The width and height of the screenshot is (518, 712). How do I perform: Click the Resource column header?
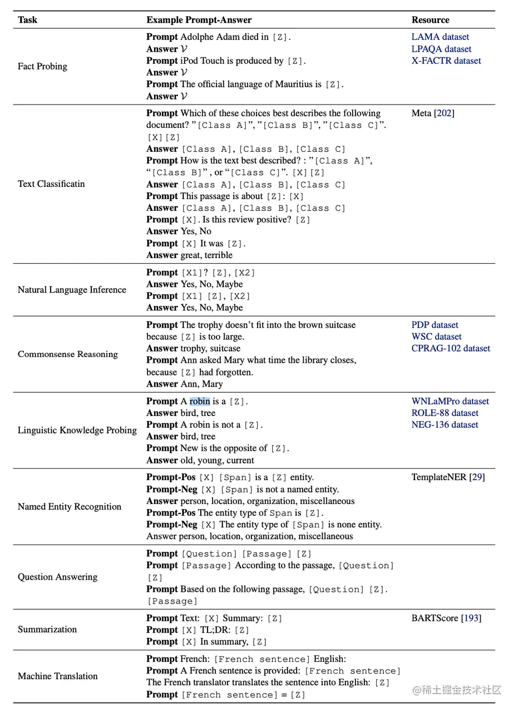pyautogui.click(x=430, y=20)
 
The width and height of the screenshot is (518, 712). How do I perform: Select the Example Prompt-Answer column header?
pyautogui.click(x=199, y=20)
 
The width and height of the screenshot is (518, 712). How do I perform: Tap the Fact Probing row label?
pyautogui.click(x=42, y=66)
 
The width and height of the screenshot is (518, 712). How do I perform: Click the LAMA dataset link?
pyautogui.click(x=440, y=37)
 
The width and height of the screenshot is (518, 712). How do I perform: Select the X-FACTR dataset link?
pyautogui.click(x=446, y=61)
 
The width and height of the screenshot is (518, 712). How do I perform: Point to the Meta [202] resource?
pyautogui.click(x=433, y=113)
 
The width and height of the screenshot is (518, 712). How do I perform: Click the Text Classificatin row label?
pyautogui.click(x=51, y=184)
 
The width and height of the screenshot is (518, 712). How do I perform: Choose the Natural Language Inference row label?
pyautogui.click(x=72, y=290)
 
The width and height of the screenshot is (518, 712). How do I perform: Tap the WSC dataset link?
pyautogui.click(x=436, y=337)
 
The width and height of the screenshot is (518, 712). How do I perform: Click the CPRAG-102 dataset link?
pyautogui.click(x=451, y=348)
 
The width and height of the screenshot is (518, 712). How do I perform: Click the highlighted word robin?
pyautogui.click(x=200, y=401)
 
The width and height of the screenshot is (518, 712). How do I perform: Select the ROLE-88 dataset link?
pyautogui.click(x=445, y=413)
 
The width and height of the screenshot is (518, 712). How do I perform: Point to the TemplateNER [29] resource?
pyautogui.click(x=448, y=477)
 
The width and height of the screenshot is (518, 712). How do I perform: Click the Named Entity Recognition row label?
pyautogui.click(x=70, y=507)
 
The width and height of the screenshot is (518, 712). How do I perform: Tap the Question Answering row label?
pyautogui.click(x=57, y=577)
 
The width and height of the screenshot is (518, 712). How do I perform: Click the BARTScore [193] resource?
pyautogui.click(x=446, y=618)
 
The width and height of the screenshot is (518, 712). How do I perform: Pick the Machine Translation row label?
pyautogui.click(x=57, y=676)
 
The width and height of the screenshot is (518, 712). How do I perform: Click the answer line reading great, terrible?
pyautogui.click(x=189, y=255)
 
